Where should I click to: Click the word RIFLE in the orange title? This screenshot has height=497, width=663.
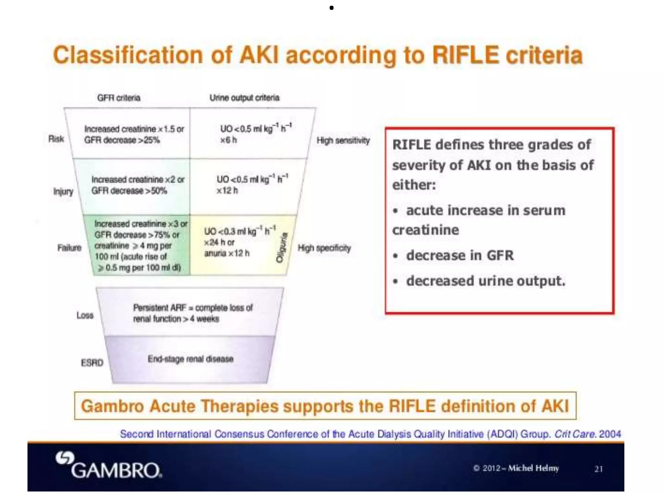[x=465, y=55]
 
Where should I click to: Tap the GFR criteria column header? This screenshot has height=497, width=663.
[x=118, y=98]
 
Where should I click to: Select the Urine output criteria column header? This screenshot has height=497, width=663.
[x=244, y=98]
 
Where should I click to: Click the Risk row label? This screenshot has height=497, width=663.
[x=56, y=139]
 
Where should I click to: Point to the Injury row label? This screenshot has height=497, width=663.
[x=63, y=192]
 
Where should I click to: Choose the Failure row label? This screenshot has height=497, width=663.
[x=69, y=248]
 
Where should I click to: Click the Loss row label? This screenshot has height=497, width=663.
[x=85, y=315]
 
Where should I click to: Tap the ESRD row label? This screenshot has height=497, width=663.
[x=92, y=363]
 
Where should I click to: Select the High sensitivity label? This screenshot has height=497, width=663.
[x=343, y=140]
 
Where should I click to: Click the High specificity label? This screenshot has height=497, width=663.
[x=324, y=248]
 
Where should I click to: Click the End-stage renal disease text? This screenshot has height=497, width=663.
[x=190, y=359]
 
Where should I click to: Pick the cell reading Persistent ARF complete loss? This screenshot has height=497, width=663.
[x=193, y=313]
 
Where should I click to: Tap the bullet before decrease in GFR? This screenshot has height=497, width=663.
[x=395, y=256]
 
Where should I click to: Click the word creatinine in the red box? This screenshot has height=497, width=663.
[x=425, y=230]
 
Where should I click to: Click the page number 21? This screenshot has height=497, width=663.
[x=598, y=469]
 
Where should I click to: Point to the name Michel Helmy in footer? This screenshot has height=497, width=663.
[x=533, y=468]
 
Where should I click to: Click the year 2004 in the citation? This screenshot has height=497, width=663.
[x=610, y=434]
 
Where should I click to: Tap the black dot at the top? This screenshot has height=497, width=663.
[x=331, y=8]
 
